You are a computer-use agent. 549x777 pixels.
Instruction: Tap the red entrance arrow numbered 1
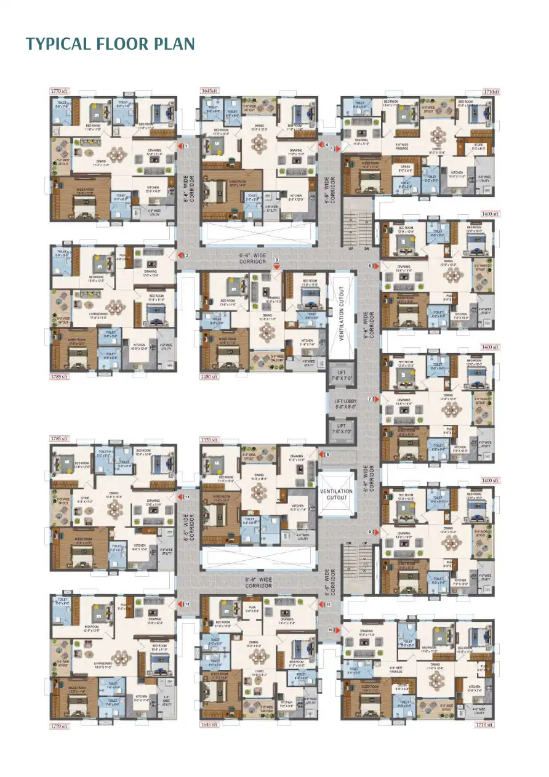coord(179,146)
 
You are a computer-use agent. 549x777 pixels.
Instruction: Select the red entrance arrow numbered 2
coord(180,255)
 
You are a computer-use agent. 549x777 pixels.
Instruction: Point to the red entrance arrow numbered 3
coord(277,266)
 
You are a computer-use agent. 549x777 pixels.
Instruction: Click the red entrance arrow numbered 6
coord(375,266)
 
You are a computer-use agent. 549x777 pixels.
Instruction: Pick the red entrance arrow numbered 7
coord(375,399)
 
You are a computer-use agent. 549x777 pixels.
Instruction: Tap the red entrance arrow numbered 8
coord(321,454)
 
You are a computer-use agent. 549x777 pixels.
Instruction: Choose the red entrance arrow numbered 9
coord(375,532)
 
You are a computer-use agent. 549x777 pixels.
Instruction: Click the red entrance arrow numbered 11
coord(321,605)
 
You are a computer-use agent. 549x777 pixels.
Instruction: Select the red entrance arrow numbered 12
coord(180,604)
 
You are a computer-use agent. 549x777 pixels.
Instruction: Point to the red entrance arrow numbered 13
coord(180,496)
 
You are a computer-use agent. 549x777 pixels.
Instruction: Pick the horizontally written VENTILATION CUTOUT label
coord(336,494)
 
